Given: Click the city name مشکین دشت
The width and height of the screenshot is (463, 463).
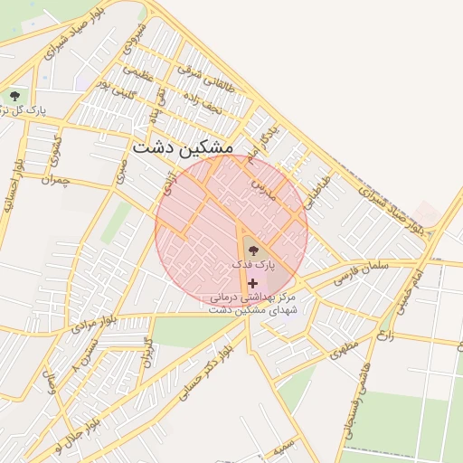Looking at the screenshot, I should pos(182,146).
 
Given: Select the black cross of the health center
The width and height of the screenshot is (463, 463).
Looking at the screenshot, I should pos(251,283).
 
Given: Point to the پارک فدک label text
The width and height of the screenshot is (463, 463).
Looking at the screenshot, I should pos(251,264).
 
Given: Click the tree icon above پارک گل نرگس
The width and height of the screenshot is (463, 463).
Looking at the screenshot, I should pos(14,94).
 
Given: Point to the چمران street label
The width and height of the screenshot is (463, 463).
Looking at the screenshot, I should pos(55,181).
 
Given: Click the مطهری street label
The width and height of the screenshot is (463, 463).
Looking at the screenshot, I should pos(345,345).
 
